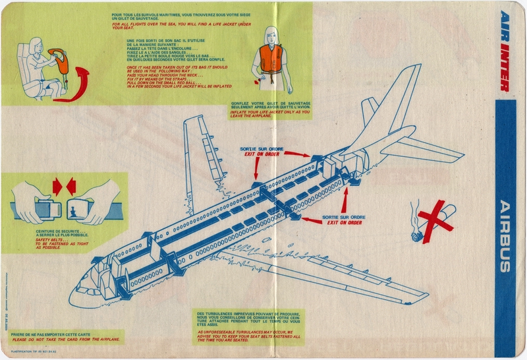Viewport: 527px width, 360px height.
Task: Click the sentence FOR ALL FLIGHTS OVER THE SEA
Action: click(x=181, y=26)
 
